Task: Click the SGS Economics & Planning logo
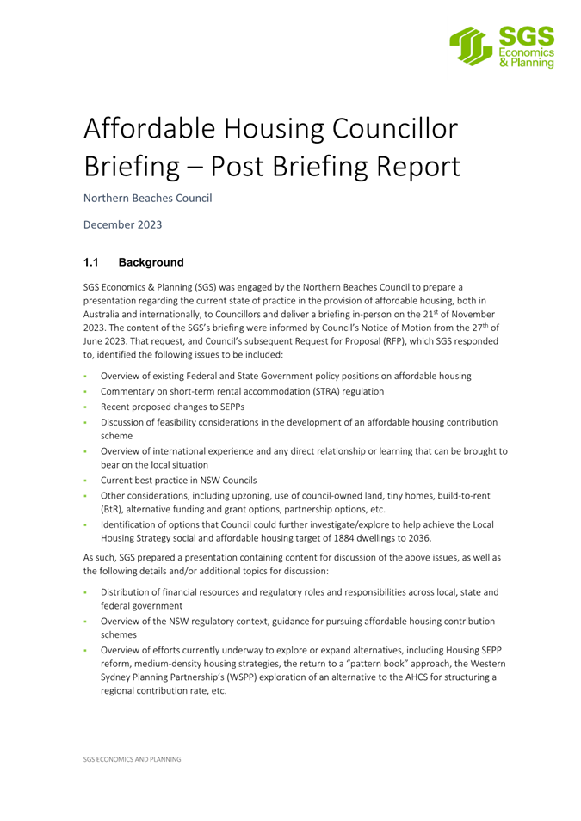pyautogui.click(x=502, y=46)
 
